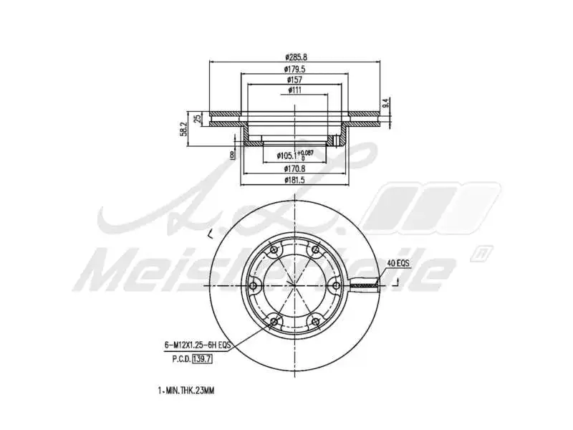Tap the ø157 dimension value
(295, 80)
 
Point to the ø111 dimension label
(295, 91)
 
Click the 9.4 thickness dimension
(385, 102)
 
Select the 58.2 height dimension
(184, 128)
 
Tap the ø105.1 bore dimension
(284, 155)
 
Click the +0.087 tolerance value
(307, 152)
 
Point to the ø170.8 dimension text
(295, 169)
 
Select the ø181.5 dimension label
(295, 181)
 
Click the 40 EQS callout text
(398, 263)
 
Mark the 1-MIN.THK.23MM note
(186, 391)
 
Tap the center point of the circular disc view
(294, 286)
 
